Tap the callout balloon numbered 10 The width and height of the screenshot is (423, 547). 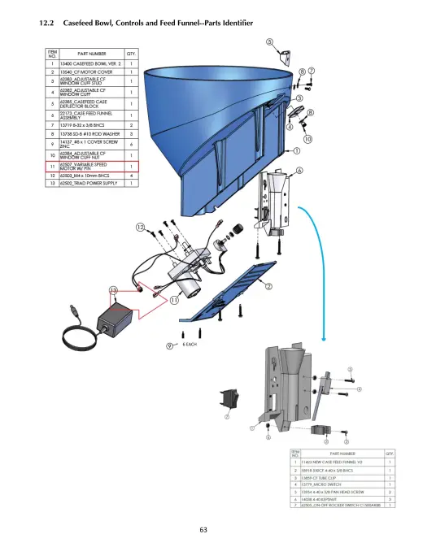[x=307, y=139]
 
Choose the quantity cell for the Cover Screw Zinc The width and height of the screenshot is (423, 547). [x=131, y=143]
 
